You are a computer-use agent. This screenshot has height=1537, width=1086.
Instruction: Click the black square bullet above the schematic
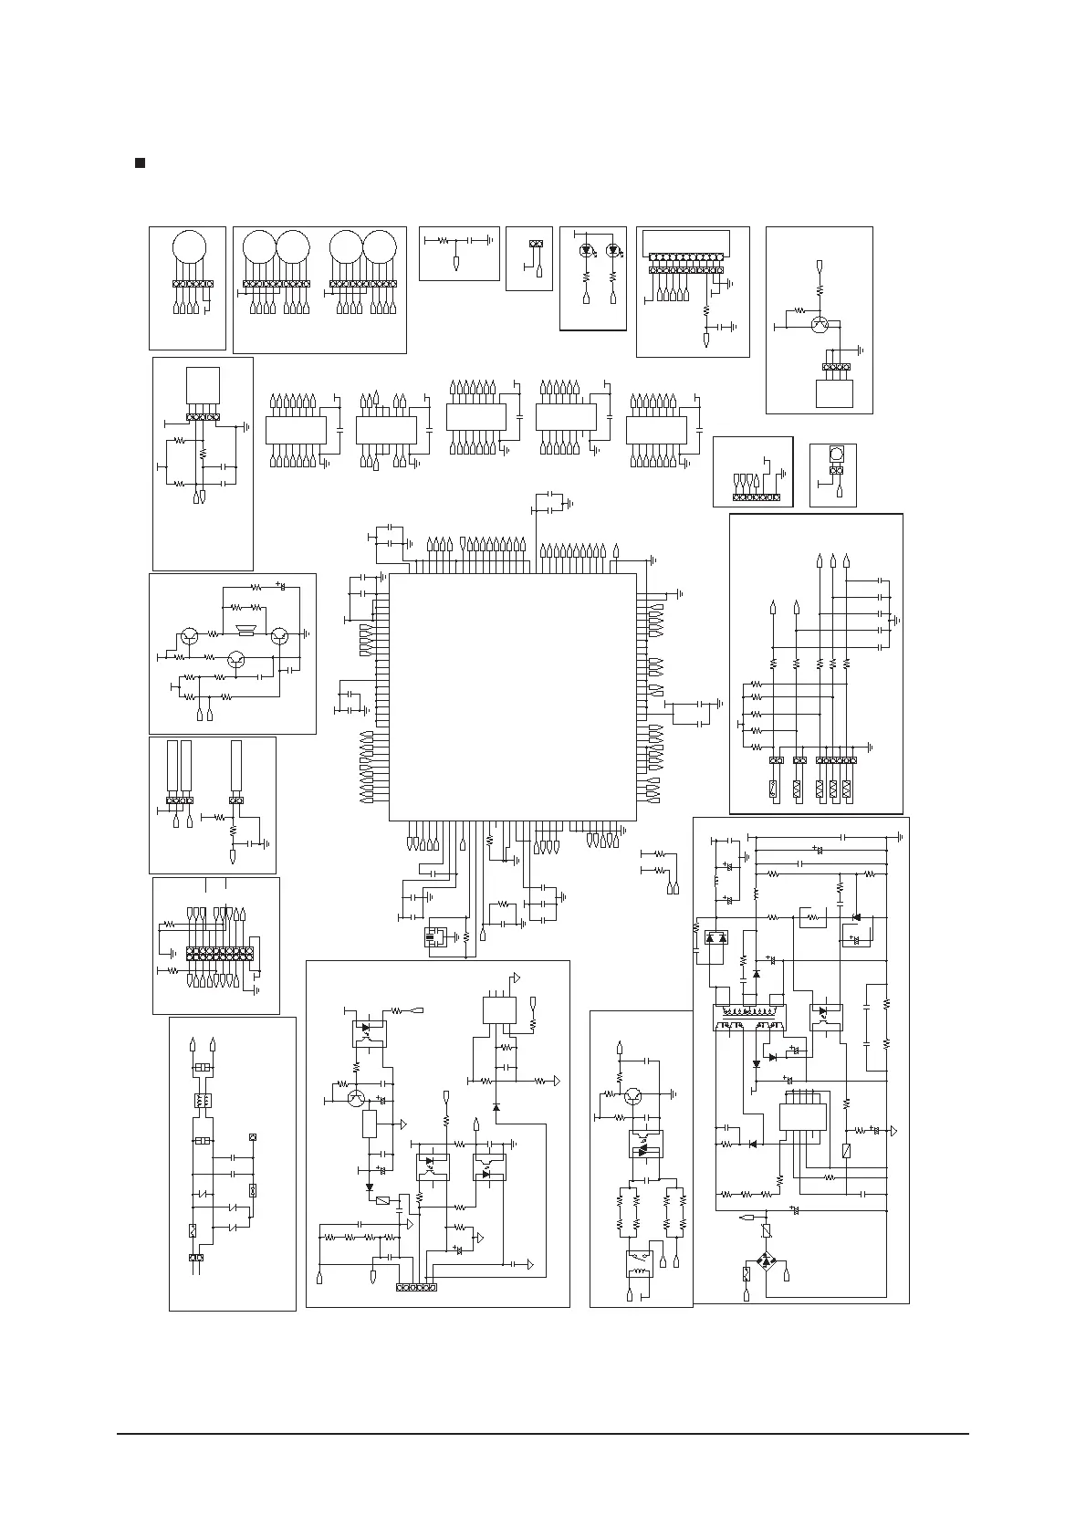click(141, 162)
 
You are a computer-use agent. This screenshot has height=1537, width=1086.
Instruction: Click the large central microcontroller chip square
click(512, 696)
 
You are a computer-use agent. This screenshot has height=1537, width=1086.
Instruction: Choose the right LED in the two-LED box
click(613, 249)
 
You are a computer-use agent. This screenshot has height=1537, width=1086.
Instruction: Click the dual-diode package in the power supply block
click(717, 938)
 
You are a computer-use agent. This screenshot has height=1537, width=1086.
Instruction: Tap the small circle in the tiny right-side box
click(835, 455)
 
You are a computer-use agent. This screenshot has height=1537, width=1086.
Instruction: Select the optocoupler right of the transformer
click(826, 1016)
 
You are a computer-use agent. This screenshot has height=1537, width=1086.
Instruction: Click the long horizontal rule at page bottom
click(543, 1434)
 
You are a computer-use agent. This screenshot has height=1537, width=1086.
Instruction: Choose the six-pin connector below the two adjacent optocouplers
click(416, 1287)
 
